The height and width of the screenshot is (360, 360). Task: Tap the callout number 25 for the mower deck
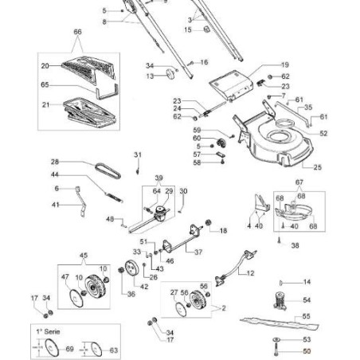click(x=318, y=167)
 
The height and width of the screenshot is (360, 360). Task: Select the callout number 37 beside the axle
click(x=198, y=252)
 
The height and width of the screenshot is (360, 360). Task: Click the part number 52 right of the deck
click(x=323, y=133)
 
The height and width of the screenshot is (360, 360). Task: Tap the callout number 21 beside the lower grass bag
click(x=45, y=104)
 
